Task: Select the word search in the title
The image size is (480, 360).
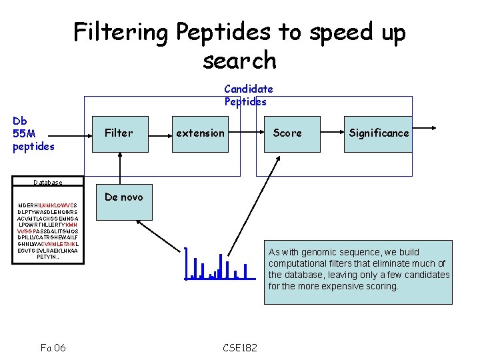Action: (x=239, y=61)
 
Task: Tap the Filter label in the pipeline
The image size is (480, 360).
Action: (x=119, y=133)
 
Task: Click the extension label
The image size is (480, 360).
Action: (x=200, y=133)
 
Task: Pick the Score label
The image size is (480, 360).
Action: (x=287, y=133)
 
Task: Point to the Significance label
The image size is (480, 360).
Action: (x=379, y=133)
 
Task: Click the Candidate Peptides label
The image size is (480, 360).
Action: (x=248, y=95)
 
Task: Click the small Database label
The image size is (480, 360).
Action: (x=48, y=183)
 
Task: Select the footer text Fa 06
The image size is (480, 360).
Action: (x=53, y=347)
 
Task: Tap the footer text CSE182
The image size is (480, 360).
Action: (x=239, y=347)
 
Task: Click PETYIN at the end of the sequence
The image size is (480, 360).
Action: (x=47, y=257)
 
